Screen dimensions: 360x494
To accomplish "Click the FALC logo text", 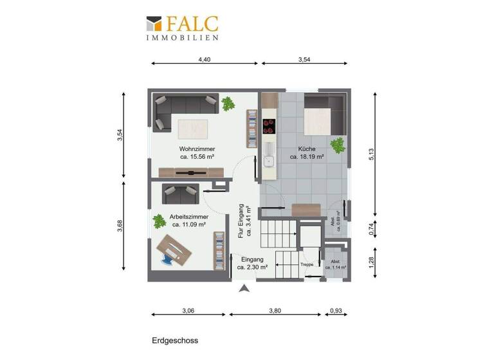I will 192,24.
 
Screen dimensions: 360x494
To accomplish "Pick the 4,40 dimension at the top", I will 204,59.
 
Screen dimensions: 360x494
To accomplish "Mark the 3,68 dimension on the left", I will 120,227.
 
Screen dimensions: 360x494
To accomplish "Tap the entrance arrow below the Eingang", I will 243,289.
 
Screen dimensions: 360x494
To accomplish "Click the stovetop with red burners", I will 270,125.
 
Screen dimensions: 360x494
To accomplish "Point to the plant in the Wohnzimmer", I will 228,104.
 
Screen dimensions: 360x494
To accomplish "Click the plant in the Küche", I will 337,144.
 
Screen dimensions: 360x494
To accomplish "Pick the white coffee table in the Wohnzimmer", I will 194,128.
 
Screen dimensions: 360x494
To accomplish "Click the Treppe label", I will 306,265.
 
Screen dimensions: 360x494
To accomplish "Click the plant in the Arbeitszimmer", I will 158,221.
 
